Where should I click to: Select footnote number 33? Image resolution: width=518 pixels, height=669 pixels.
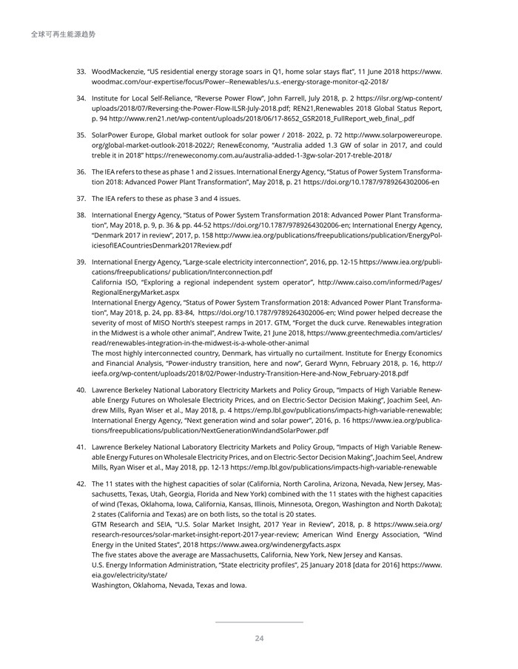point(81,72)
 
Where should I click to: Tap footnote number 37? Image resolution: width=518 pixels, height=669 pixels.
point(81,198)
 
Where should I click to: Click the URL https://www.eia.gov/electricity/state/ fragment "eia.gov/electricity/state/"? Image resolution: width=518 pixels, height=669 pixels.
point(129,574)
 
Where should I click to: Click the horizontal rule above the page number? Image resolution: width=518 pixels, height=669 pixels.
point(259,622)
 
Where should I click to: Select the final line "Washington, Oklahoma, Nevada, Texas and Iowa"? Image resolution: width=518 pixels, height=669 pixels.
point(169,585)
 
